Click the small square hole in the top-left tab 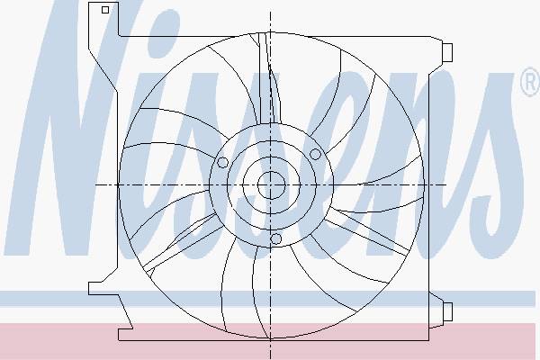click(105, 10)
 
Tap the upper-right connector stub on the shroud click(447, 53)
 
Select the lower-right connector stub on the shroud click(447, 311)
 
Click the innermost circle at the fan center click(272, 185)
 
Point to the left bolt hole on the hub click(222, 162)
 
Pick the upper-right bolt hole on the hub click(315, 154)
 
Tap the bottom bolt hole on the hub click(275, 238)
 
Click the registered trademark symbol click(530, 82)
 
